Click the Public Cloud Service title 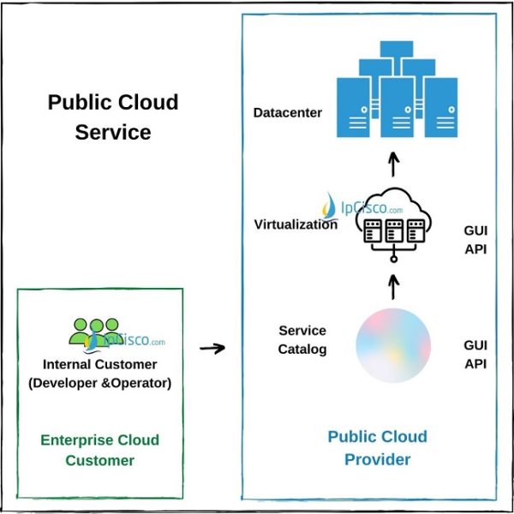(112, 117)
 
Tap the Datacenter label (288, 112)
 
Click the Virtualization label (296, 224)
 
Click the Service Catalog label (302, 339)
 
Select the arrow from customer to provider (212, 348)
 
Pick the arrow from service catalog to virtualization (393, 285)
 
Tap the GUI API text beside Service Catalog (475, 353)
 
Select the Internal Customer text (99, 365)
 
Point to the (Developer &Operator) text (99, 383)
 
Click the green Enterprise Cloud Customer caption (99, 450)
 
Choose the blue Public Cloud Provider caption (377, 448)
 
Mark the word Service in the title (112, 133)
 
